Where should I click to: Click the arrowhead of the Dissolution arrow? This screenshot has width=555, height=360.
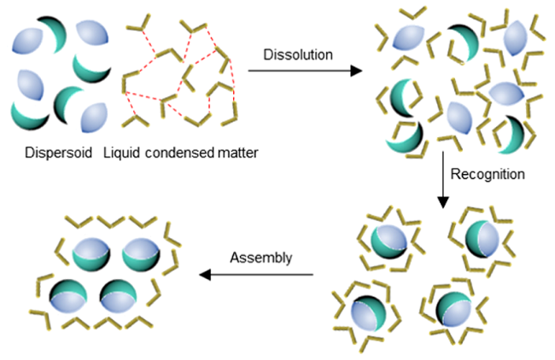click(x=357, y=73)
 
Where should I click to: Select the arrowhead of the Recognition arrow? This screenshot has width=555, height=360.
click(x=443, y=206)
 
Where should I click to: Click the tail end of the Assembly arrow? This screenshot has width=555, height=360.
click(x=313, y=274)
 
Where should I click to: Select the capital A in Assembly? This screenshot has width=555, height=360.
click(x=233, y=257)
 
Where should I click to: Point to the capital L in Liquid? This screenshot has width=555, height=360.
click(x=107, y=154)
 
